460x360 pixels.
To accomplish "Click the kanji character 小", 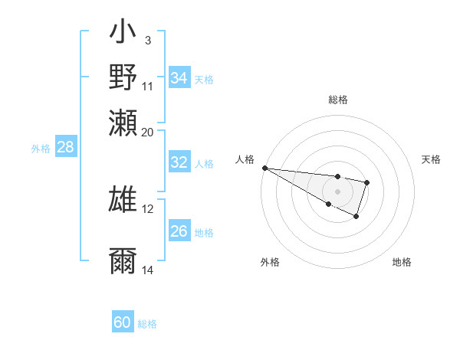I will point(123,34).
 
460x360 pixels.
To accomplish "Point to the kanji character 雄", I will point(123,198).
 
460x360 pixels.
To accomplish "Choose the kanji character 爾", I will point(123,260).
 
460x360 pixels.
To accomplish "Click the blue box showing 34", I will point(179,78).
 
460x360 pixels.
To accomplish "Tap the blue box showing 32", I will point(179,162).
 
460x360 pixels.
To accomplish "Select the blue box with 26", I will point(179,231).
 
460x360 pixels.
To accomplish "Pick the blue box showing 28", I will point(65,148).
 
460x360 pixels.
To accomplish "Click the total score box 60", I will point(122,322).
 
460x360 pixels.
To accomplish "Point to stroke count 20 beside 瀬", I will point(148,131).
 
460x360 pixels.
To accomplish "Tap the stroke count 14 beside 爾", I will point(148,270).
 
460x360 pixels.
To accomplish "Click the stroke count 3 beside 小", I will point(147,40).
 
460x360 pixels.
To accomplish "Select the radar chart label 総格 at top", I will point(337,100).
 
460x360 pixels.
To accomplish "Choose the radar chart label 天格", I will point(431,159).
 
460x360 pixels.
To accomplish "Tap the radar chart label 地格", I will point(402,263).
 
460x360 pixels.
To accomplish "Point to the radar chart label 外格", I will point(270,263).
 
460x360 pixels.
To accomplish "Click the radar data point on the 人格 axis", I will point(264,168).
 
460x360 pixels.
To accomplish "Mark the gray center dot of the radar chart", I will point(337,191).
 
